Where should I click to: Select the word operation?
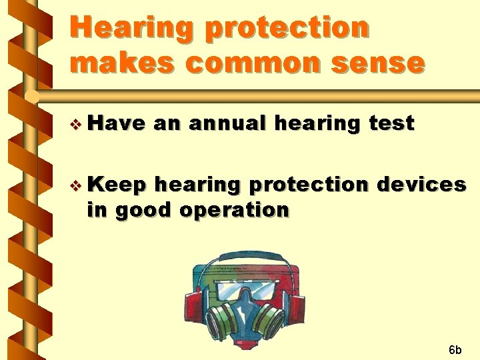pyautogui.click(x=236, y=210)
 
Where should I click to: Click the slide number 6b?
pyautogui.click(x=455, y=349)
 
